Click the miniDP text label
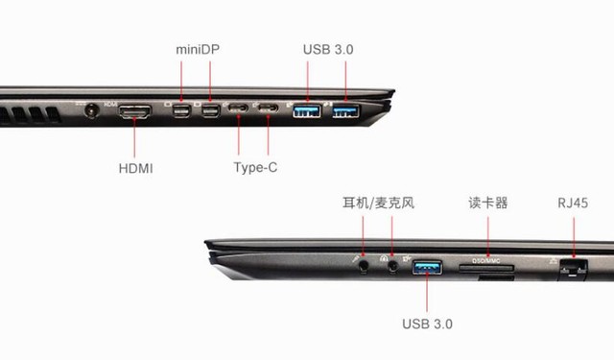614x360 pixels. (x=198, y=49)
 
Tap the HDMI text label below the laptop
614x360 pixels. (x=135, y=168)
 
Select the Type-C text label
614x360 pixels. (x=255, y=168)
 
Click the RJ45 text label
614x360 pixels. (x=573, y=203)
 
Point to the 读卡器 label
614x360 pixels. (x=488, y=203)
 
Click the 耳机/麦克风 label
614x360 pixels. (x=378, y=203)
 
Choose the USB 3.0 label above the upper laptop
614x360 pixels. (x=328, y=49)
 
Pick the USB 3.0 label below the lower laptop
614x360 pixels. (x=427, y=324)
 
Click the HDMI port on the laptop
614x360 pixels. (x=134, y=111)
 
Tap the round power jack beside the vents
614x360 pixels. (x=92, y=110)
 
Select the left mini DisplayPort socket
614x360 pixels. (x=181, y=110)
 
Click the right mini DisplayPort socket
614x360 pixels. (x=211, y=110)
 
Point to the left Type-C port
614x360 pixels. (x=238, y=107)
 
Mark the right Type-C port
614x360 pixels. (x=269, y=107)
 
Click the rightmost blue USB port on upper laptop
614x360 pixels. (x=345, y=111)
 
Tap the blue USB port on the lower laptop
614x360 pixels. (x=427, y=268)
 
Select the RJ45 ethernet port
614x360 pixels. (x=573, y=270)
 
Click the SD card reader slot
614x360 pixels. (x=486, y=268)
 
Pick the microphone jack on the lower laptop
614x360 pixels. (x=364, y=266)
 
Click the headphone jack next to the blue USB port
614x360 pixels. (x=392, y=266)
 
